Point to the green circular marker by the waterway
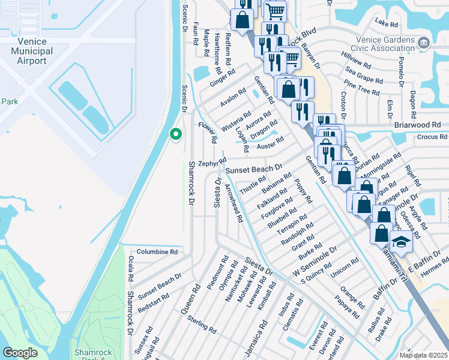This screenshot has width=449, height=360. (x=176, y=134)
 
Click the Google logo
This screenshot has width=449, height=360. (x=20, y=353)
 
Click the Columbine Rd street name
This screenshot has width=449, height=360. (x=157, y=253)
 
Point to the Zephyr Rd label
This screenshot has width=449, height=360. (x=212, y=163)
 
